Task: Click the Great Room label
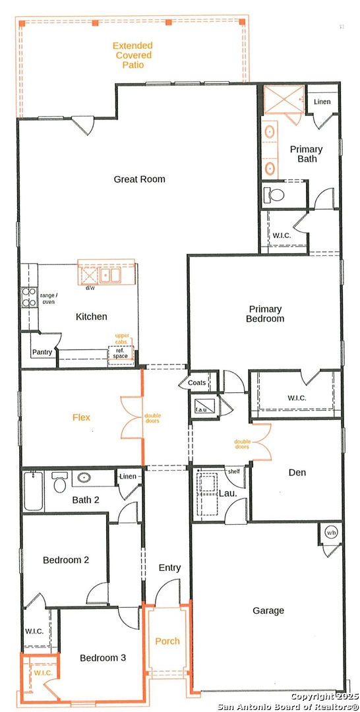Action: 139,179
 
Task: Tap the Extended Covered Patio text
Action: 133,55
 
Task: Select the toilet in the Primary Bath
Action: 274,194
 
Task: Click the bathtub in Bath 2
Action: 34,491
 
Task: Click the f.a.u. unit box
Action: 201,405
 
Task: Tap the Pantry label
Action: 42,352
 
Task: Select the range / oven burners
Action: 29,297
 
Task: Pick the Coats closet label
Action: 196,383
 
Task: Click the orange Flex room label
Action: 82,417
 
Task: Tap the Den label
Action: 297,473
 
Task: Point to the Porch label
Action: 167,641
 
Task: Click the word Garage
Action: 268,611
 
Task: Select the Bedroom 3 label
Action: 103,658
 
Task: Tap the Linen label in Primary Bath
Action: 322,102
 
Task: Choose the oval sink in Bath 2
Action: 84,478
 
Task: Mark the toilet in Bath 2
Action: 59,482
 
